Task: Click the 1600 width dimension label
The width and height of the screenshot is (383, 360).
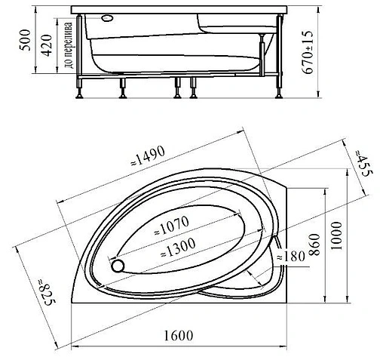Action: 178,335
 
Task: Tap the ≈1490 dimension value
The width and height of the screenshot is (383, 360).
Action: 148,155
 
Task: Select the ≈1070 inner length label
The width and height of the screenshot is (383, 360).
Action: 172,226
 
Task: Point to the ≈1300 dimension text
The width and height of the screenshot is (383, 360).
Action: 178,248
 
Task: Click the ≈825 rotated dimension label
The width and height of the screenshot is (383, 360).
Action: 46,292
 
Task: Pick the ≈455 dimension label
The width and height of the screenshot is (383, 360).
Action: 363,163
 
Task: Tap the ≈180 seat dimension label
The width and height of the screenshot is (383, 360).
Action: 291,257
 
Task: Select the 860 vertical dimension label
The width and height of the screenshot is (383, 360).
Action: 314,245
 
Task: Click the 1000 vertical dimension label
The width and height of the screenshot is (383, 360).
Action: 337,236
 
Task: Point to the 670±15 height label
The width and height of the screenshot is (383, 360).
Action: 308,52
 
